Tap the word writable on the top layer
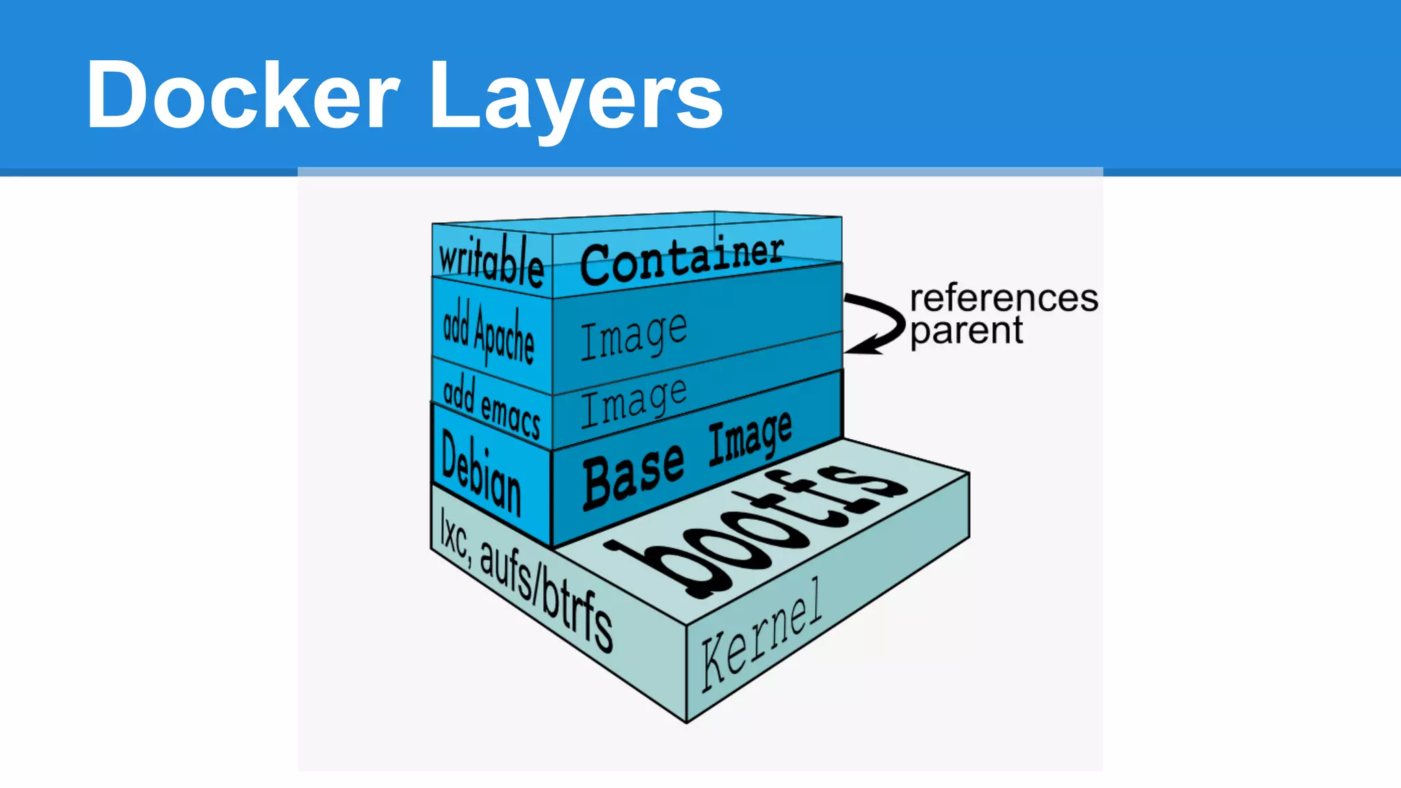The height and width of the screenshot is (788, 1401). coord(491,260)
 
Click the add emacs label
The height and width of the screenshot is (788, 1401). coord(491,406)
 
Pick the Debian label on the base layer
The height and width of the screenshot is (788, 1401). coord(481,473)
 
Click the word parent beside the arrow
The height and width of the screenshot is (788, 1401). coord(967,332)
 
